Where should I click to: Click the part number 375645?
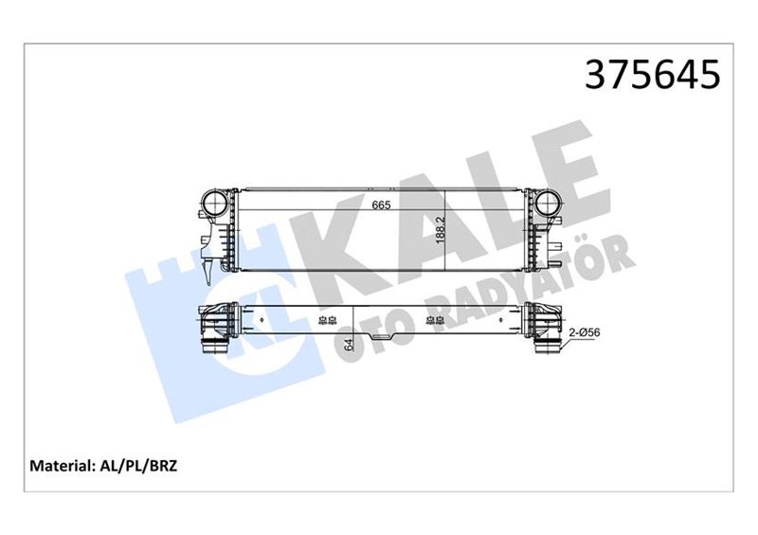[654, 74]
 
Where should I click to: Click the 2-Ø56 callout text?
[586, 333]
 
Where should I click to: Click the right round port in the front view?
[547, 203]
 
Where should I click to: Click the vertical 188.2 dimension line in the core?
[445, 227]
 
